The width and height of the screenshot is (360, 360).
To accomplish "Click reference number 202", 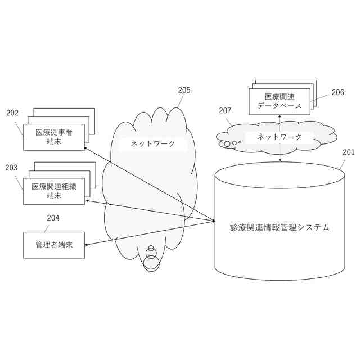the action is pyautogui.click(x=12, y=112).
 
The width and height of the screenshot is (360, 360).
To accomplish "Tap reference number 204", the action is pyautogui.click(x=53, y=218).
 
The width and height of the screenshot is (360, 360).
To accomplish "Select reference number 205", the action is pyautogui.click(x=184, y=90).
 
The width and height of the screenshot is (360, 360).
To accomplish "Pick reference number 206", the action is pyautogui.click(x=337, y=92).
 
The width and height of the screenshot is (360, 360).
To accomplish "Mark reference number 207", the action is pyautogui.click(x=225, y=111).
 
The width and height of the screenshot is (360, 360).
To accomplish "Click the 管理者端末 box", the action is pyautogui.click(x=54, y=245).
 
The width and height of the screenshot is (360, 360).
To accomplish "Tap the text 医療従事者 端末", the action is pyautogui.click(x=54, y=137).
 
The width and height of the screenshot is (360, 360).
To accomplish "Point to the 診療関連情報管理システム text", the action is pyautogui.click(x=280, y=227).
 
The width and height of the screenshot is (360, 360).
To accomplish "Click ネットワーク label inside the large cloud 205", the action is pyautogui.click(x=152, y=143).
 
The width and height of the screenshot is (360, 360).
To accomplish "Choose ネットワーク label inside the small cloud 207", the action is pyautogui.click(x=280, y=137).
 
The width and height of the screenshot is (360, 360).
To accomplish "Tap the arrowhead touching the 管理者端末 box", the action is pyautogui.click(x=87, y=245).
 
